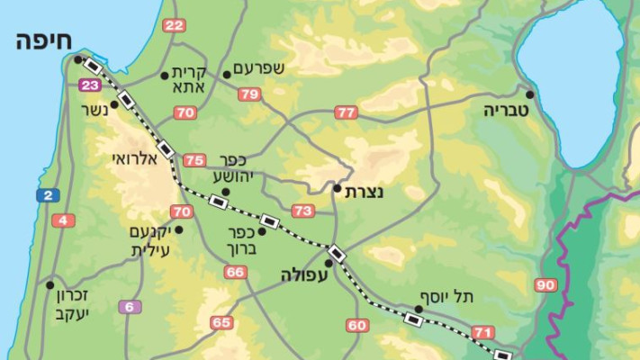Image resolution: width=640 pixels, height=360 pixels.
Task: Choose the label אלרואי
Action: [134, 157]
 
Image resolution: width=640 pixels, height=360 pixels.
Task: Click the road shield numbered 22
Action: [174, 25]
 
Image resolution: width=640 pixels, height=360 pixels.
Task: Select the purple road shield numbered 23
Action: [88, 85]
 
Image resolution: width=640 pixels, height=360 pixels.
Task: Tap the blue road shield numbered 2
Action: [47, 195]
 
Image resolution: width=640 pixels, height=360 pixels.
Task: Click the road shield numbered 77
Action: [346, 112]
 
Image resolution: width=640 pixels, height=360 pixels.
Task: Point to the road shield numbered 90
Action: [545, 285]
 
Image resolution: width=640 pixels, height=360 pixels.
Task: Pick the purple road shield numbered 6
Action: [130, 307]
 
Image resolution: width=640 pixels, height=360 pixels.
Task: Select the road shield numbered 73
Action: [302, 211]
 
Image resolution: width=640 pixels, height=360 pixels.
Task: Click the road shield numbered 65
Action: [221, 322]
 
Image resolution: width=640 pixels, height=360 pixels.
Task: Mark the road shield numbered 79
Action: [249, 94]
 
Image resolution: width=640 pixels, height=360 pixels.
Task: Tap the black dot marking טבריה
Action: [530, 94]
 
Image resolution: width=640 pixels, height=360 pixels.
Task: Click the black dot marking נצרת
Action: [337, 189]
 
